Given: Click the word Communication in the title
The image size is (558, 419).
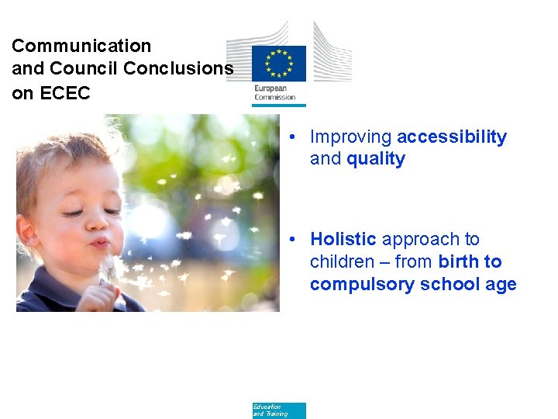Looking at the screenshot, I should pyautogui.click(x=81, y=47).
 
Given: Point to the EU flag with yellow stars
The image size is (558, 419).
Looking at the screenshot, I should pyautogui.click(x=279, y=64).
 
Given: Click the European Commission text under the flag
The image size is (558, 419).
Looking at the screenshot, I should pyautogui.click(x=275, y=93).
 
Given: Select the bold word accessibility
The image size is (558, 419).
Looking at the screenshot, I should pyautogui.click(x=451, y=137).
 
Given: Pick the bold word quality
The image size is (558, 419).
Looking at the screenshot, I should pyautogui.click(x=376, y=159).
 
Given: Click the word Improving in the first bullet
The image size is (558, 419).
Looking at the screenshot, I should pyautogui.click(x=350, y=137).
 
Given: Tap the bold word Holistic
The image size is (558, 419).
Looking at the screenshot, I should pyautogui.click(x=343, y=240).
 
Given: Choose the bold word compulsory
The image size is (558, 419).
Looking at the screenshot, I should pyautogui.click(x=362, y=285).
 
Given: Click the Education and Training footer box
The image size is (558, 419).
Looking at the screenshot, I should pyautogui.click(x=279, y=410).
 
